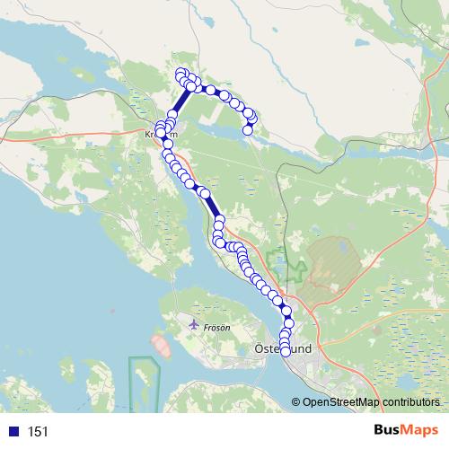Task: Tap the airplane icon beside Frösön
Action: click(195, 323)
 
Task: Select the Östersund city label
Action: click(282, 348)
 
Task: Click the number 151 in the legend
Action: click(38, 432)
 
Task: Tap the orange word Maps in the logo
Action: click(421, 431)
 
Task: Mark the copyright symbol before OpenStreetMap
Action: click(296, 402)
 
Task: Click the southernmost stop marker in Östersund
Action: click(286, 351)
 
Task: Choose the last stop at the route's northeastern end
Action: click(248, 130)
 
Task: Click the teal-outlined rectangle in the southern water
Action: click(143, 382)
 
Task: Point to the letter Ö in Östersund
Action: click(260, 348)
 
